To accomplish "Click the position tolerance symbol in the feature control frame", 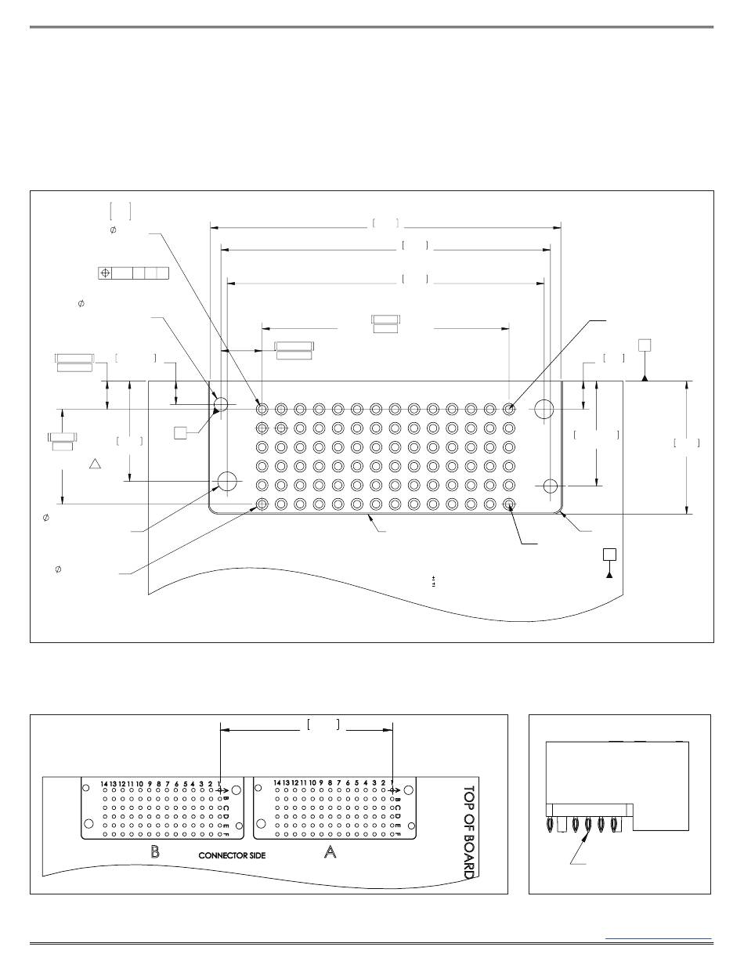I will click(x=104, y=273).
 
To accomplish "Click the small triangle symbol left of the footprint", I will click(x=96, y=464).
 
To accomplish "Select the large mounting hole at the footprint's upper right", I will click(x=544, y=408).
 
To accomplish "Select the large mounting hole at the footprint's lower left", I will click(x=228, y=480).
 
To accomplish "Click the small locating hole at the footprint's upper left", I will click(x=220, y=406).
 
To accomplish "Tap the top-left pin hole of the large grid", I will click(x=262, y=408).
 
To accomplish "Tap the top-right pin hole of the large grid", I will click(x=509, y=408).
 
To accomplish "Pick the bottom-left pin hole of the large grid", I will click(x=262, y=504).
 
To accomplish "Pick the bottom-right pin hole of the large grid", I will click(x=509, y=504).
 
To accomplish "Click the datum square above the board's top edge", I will click(x=644, y=345).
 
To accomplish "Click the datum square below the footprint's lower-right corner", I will click(x=609, y=555).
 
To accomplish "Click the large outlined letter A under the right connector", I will click(x=330, y=853).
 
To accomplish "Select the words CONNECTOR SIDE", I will click(x=232, y=856).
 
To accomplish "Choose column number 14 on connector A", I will click(x=278, y=782).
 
